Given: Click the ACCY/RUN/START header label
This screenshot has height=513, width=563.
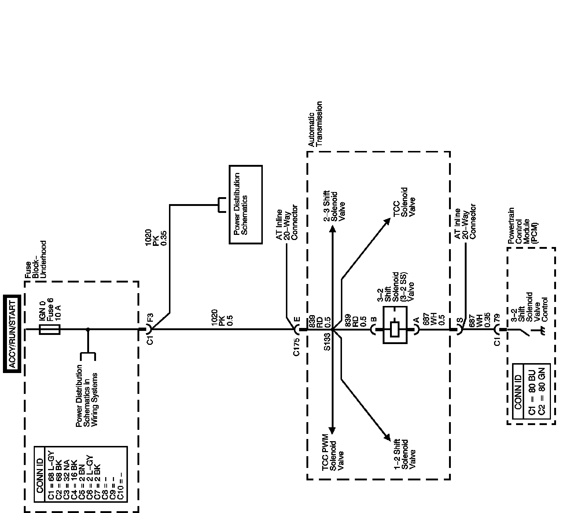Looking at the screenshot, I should click(12, 333).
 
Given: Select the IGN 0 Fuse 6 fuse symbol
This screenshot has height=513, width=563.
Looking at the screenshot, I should click(49, 329).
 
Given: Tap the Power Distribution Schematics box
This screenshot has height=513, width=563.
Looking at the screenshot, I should click(246, 204).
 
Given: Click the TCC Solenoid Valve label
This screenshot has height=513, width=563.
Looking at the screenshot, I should click(404, 202).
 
